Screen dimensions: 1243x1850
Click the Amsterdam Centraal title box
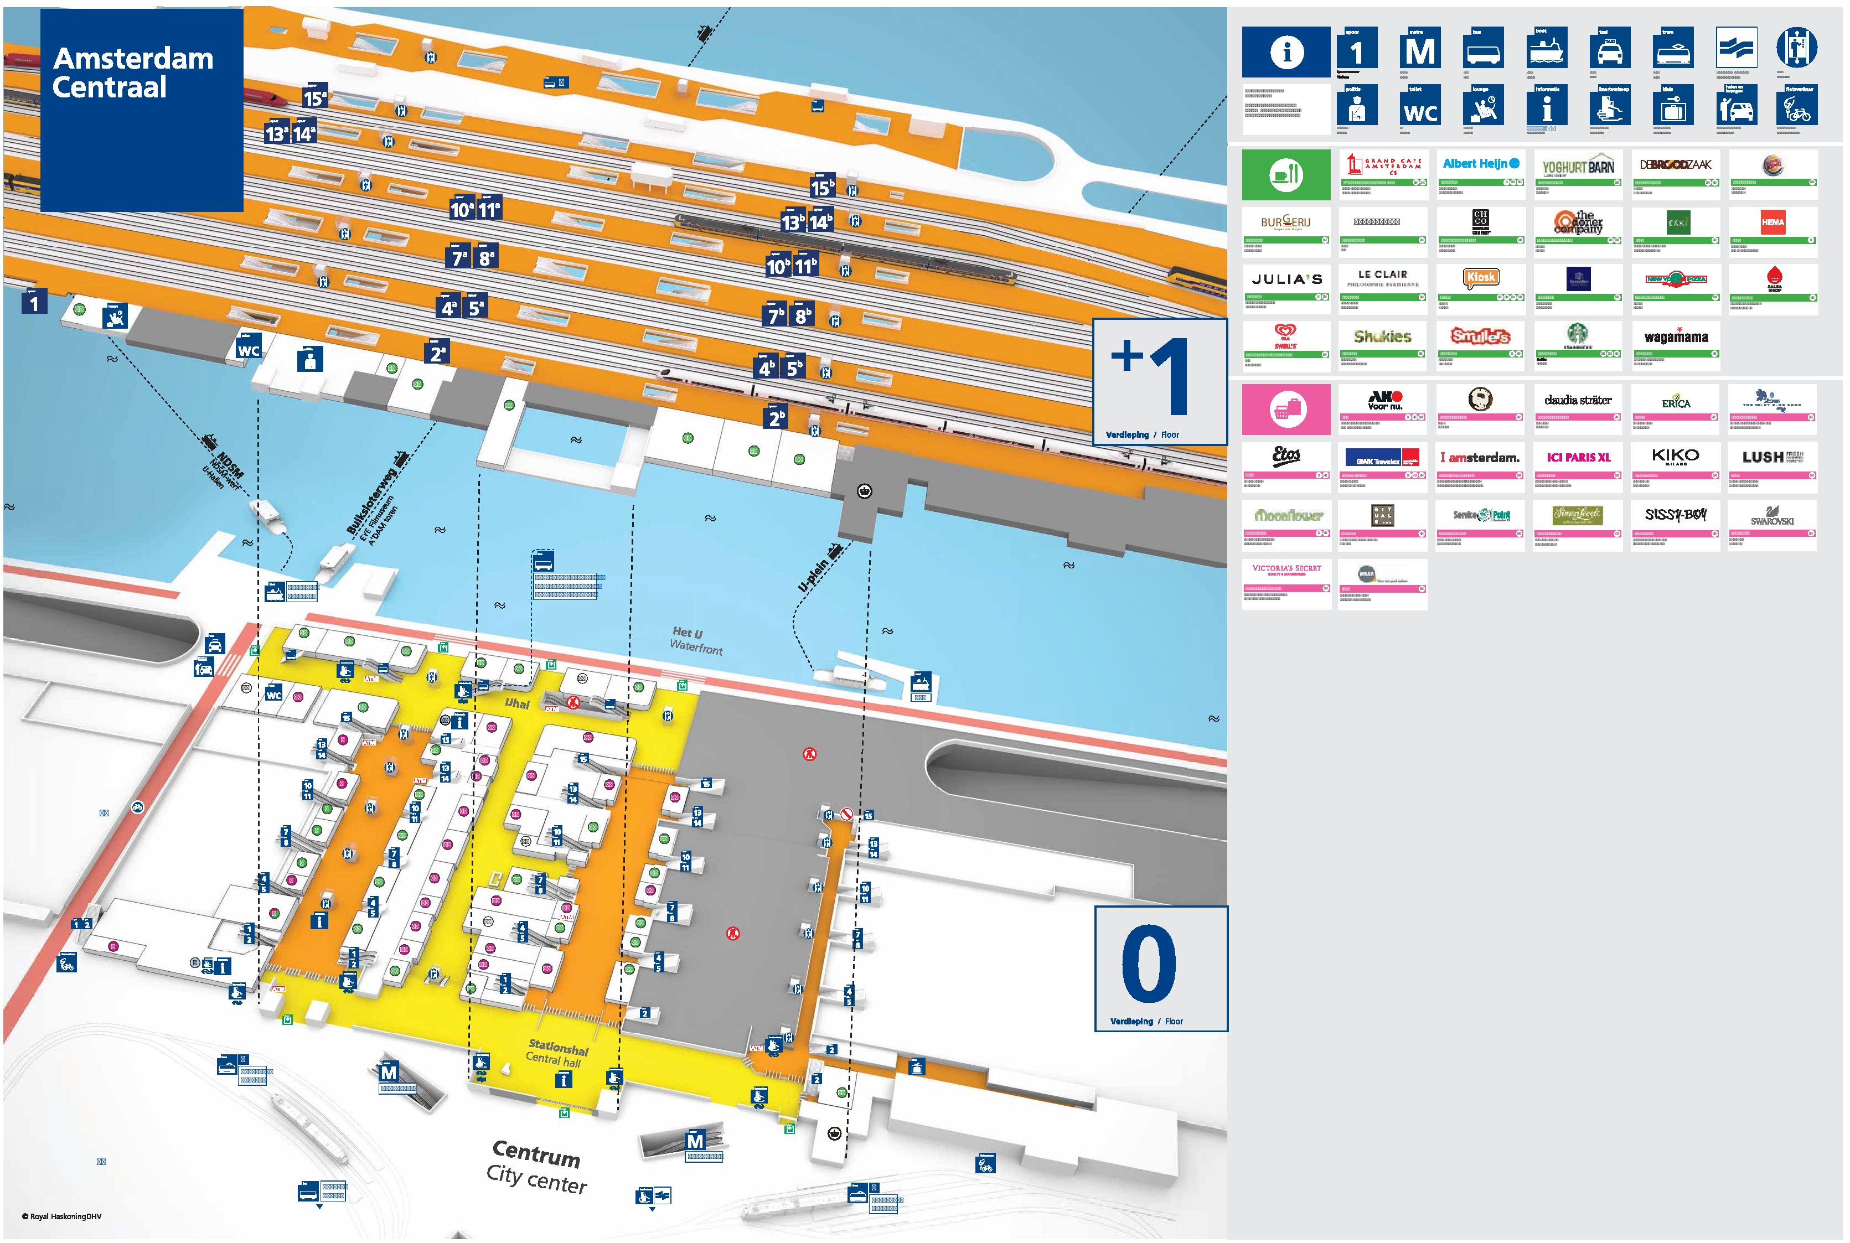(x=141, y=110)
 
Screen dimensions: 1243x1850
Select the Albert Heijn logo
(x=1480, y=164)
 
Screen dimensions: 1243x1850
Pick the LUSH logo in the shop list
(x=1773, y=457)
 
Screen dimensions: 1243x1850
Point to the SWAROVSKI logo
(x=1773, y=516)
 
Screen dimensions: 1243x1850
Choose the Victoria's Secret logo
(x=1286, y=569)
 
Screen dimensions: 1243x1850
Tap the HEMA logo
(x=1773, y=223)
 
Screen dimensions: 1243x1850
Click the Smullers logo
(x=1480, y=336)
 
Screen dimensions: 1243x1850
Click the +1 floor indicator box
(x=1159, y=381)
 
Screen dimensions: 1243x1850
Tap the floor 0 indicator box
(x=1160, y=968)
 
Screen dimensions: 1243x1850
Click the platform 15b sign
(x=822, y=187)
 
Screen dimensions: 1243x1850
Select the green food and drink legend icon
(x=1285, y=174)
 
